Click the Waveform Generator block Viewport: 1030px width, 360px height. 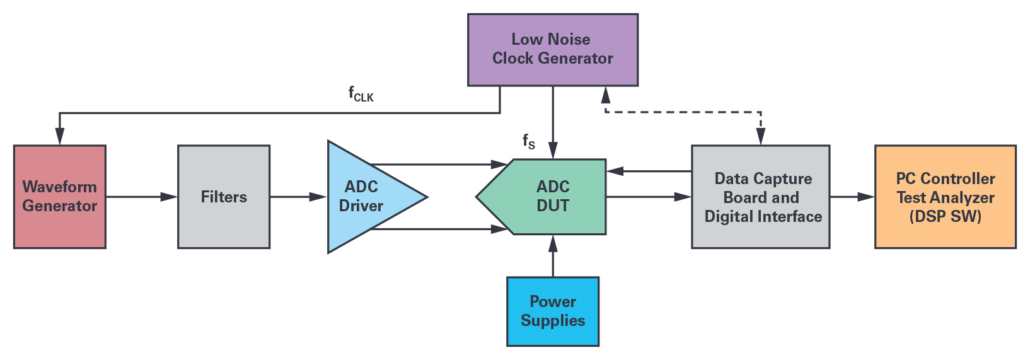click(59, 196)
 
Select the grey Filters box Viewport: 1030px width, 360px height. click(224, 197)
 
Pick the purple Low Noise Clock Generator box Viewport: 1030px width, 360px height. click(552, 49)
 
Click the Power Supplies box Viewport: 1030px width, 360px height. click(553, 311)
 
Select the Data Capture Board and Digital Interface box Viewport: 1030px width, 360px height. click(761, 197)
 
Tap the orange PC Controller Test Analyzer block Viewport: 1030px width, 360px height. click(945, 197)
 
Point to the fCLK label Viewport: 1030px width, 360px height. click(361, 95)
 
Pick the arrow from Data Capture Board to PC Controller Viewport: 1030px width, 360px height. click(852, 197)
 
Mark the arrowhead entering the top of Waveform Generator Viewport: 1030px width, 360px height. click(59, 137)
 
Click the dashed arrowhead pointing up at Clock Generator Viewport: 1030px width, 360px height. click(605, 95)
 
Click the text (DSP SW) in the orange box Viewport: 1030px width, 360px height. click(945, 216)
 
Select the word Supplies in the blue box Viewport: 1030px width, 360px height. click(553, 321)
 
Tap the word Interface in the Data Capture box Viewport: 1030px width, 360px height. click(792, 216)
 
